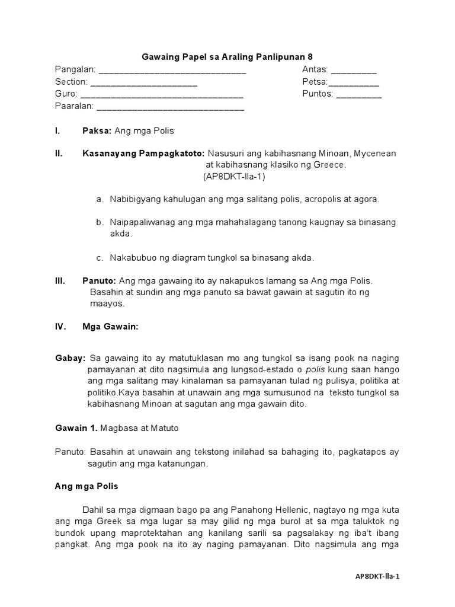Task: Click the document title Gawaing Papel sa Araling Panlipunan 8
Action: tap(227, 57)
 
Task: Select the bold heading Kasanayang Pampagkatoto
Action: tap(143, 154)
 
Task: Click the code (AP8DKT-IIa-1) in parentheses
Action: tap(235, 177)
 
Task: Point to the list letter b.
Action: tap(100, 222)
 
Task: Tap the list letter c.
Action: tap(100, 257)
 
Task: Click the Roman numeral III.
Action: tap(60, 280)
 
